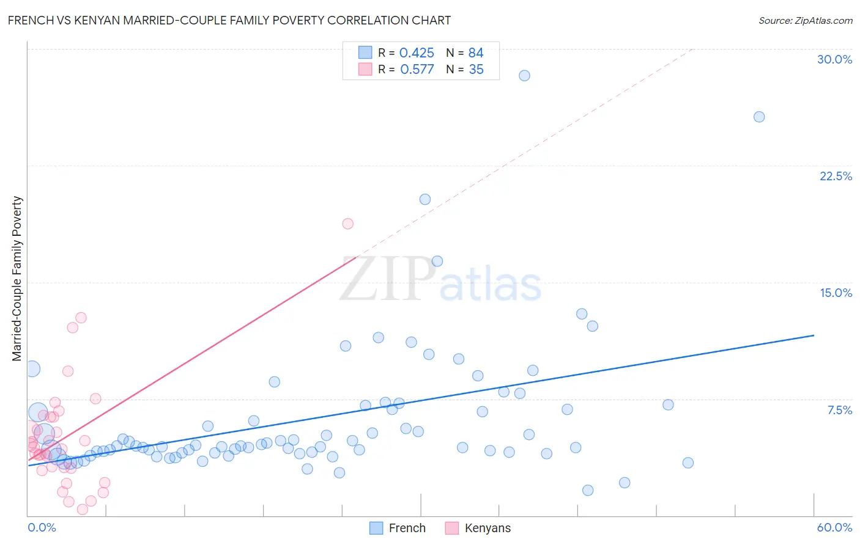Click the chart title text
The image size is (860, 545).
click(x=229, y=20)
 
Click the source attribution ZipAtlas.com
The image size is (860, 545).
click(x=805, y=20)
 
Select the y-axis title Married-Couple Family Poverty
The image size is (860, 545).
click(x=17, y=279)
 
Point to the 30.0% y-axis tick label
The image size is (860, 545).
click(x=834, y=59)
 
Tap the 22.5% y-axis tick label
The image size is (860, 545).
click(x=836, y=176)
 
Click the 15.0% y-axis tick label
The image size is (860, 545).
click(x=836, y=293)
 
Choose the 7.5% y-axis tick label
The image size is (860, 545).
click(x=839, y=410)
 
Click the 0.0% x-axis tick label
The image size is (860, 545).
click(x=42, y=527)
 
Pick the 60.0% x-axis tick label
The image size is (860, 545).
click(x=834, y=527)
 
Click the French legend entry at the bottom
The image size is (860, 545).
click(x=398, y=528)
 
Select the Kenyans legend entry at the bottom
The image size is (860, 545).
click(x=478, y=528)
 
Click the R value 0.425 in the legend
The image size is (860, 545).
click(x=417, y=53)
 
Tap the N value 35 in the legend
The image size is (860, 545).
click(x=476, y=70)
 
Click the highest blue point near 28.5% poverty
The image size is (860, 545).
click(x=524, y=76)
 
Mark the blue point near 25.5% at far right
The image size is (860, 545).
click(x=759, y=117)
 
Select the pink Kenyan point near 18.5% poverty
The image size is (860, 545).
click(x=348, y=224)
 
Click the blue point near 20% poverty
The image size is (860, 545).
click(x=425, y=199)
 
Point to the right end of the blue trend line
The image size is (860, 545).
click(x=814, y=335)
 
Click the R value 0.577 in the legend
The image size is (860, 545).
click(x=417, y=70)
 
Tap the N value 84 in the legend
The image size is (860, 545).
click(x=476, y=53)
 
